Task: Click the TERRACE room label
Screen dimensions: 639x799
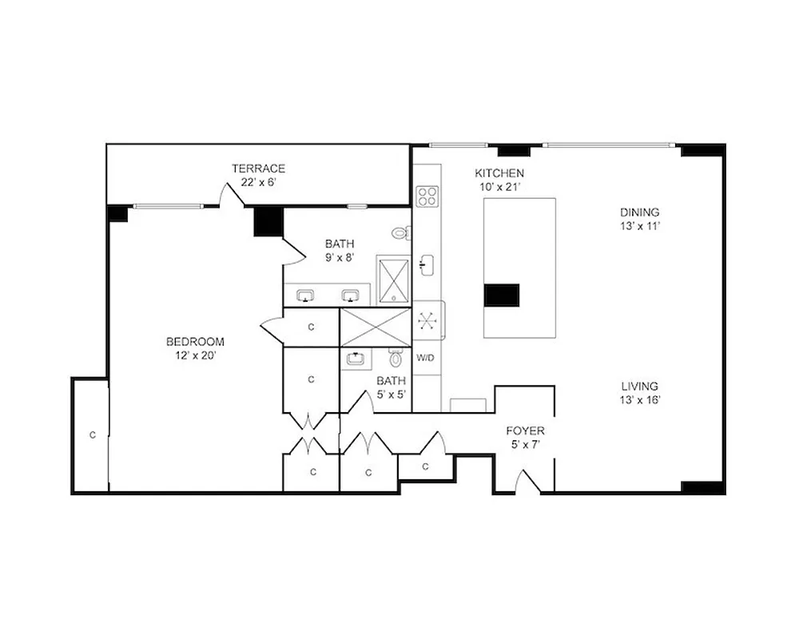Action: click(258, 169)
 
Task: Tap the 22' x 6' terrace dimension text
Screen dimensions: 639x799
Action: click(258, 182)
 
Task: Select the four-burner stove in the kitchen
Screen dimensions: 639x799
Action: click(427, 195)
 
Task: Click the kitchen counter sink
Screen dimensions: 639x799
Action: click(427, 264)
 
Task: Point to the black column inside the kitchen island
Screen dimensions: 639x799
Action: click(502, 295)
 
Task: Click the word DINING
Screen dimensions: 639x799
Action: click(640, 212)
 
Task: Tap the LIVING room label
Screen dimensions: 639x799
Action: click(639, 386)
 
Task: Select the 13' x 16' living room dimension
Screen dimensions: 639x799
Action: click(639, 400)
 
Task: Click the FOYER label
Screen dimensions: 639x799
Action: click(526, 431)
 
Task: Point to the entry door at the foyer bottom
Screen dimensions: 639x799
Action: click(527, 482)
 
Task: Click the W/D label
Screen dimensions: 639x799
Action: click(425, 357)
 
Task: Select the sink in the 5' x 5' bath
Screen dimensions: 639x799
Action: click(355, 359)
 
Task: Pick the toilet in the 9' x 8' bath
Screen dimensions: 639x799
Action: click(401, 233)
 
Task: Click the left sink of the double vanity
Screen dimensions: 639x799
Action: click(304, 296)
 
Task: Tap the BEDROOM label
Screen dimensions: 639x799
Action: click(195, 341)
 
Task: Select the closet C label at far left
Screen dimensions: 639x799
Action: click(93, 435)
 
